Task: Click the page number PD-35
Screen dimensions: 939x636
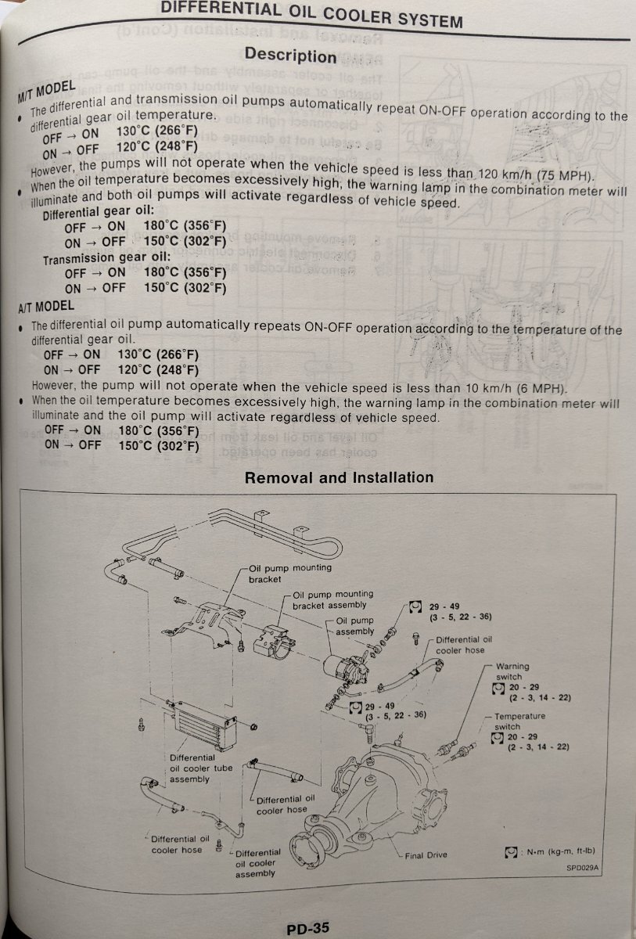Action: [x=308, y=927]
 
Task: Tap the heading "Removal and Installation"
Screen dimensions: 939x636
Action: [x=339, y=477]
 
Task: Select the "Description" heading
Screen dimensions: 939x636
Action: [x=289, y=55]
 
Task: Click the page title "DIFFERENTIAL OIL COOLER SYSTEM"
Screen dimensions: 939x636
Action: [x=311, y=13]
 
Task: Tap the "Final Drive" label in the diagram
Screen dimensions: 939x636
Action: [x=426, y=854]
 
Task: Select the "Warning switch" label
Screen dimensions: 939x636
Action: [x=512, y=671]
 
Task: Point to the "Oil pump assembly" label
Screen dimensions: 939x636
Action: [x=355, y=625]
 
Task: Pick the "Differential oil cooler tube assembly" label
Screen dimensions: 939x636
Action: [x=201, y=768]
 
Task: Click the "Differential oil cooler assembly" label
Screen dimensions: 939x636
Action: [x=257, y=862]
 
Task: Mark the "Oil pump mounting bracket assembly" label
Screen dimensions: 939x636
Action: [x=332, y=600]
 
